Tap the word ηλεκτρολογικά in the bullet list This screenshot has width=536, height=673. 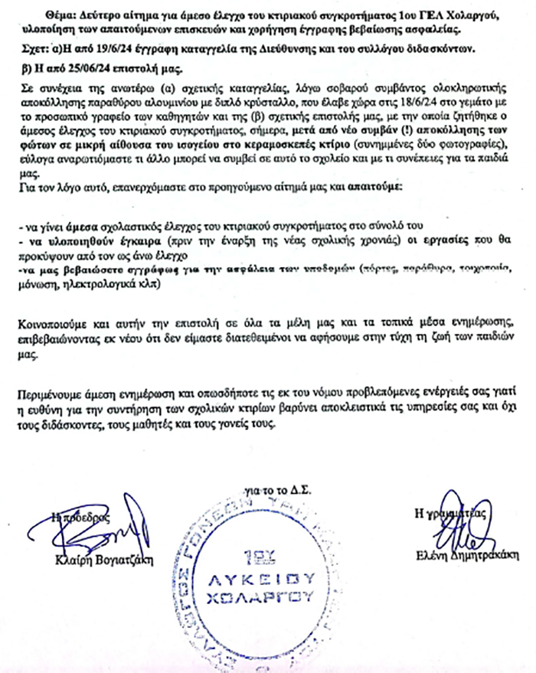pyautogui.click(x=95, y=282)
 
